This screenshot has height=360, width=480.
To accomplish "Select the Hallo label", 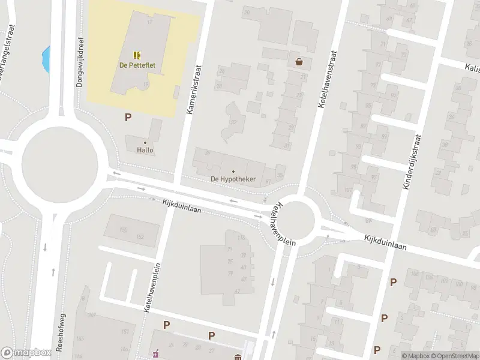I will pyautogui.click(x=145, y=150).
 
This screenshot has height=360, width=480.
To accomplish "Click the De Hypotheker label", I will pyautogui.click(x=233, y=179).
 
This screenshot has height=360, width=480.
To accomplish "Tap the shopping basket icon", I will pyautogui.click(x=299, y=61).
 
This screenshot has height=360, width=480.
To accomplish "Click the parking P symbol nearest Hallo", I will pyautogui.click(x=127, y=117).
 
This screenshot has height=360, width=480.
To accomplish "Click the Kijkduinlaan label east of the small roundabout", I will pyautogui.click(x=385, y=243).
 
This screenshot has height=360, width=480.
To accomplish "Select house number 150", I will pyautogui.click(x=124, y=230).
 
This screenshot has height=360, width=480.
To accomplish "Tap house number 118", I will pyautogui.click(x=242, y=238).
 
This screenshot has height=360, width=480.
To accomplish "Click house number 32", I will pyautogui.click(x=234, y=122).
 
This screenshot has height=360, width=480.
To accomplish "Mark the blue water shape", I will pyautogui.click(x=46, y=59).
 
